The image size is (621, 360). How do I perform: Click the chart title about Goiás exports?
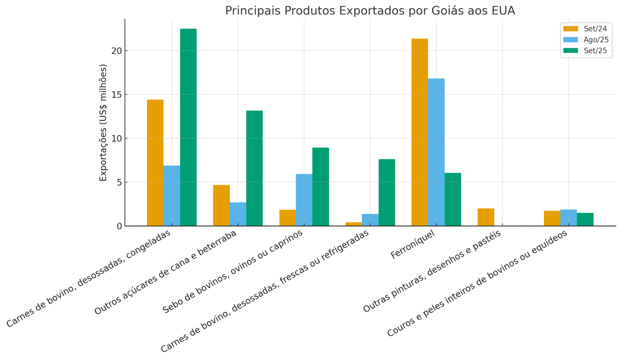pyautogui.click(x=369, y=11)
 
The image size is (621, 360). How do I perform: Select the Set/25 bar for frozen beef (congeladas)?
pyautogui.click(x=188, y=127)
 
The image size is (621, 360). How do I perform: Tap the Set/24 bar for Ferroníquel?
pyautogui.click(x=420, y=132)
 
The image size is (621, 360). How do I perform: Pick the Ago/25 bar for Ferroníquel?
pyautogui.click(x=436, y=152)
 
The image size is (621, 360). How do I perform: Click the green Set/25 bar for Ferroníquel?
pyautogui.click(x=453, y=199)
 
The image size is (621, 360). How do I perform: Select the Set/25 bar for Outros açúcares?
pyautogui.click(x=255, y=168)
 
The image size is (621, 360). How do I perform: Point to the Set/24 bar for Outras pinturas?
pyautogui.click(x=486, y=217)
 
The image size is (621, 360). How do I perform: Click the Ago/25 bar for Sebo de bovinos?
pyautogui.click(x=304, y=200)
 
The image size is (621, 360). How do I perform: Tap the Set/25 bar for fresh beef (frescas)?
pyautogui.click(x=387, y=192)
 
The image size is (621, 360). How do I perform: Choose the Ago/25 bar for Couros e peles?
pyautogui.click(x=569, y=218)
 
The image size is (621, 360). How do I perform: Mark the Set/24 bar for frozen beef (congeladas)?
pyautogui.click(x=155, y=162)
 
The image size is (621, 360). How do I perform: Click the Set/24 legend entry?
pyautogui.click(x=585, y=29)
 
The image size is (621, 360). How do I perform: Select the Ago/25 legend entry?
pyautogui.click(x=585, y=40)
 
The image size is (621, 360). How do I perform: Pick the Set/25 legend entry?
pyautogui.click(x=585, y=51)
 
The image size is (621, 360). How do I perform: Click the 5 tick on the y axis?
pyautogui.click(x=118, y=182)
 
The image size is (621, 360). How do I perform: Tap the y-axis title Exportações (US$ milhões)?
pyautogui.click(x=103, y=123)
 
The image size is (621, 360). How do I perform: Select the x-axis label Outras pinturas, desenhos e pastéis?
pyautogui.click(x=433, y=271)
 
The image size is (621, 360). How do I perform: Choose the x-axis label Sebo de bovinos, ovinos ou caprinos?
pyautogui.click(x=233, y=271)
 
